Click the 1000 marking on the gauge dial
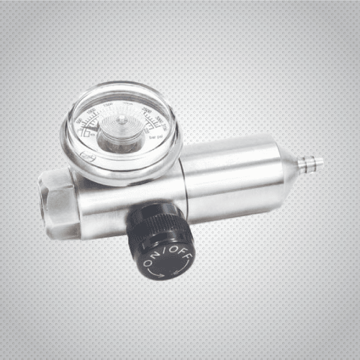(92, 112)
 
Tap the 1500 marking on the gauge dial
(108, 105)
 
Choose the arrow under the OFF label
(183, 262)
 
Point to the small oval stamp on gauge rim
(86, 156)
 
